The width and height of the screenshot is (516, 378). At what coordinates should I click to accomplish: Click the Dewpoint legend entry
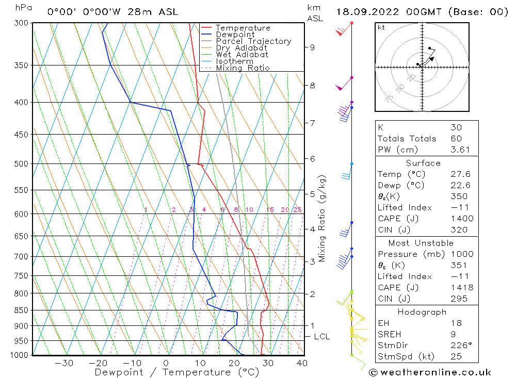(235, 35)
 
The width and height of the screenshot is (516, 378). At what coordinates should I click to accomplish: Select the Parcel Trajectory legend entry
(253, 41)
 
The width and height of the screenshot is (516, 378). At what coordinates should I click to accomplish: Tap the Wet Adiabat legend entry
(242, 55)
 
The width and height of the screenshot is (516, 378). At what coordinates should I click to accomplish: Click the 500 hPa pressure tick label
(21, 164)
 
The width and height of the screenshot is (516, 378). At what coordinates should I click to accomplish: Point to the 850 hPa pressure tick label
(21, 310)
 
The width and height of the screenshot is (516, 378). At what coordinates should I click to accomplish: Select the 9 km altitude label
(312, 47)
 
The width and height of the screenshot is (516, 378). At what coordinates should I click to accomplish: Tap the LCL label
(321, 337)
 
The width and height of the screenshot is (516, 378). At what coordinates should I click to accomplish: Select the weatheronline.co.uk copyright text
(430, 372)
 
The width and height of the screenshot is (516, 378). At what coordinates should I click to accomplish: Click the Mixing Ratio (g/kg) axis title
(322, 218)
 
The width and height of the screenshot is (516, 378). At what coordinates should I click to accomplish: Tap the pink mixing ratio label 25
(297, 209)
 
